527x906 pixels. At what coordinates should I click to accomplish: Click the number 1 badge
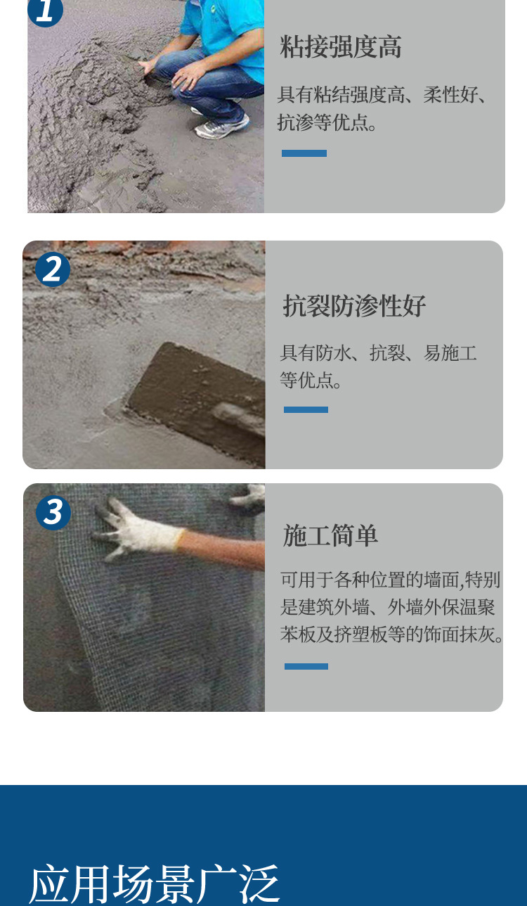[45, 10]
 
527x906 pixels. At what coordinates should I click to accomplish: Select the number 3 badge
[53, 512]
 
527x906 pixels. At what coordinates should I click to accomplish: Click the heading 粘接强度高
[341, 47]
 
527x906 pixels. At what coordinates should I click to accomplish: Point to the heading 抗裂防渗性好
[354, 306]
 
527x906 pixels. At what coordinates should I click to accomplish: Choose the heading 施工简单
[330, 536]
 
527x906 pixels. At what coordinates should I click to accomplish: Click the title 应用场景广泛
[155, 883]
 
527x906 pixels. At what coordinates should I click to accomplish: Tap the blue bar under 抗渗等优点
[304, 153]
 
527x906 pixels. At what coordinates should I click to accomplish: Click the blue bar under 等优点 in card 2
[306, 409]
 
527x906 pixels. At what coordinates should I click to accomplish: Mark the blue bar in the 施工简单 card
[306, 666]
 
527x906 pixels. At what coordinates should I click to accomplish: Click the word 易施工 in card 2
[450, 353]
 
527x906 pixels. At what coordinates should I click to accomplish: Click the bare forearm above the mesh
[225, 549]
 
